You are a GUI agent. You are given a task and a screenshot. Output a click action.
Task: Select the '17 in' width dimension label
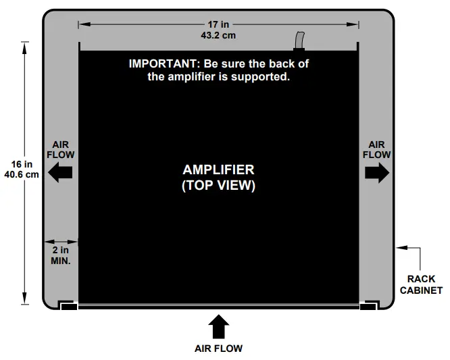click(x=218, y=24)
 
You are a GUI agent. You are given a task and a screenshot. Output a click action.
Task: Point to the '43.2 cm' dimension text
click(x=218, y=35)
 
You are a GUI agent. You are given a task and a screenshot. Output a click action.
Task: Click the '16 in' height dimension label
click(x=22, y=164)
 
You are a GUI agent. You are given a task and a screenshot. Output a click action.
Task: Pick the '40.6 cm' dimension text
click(x=22, y=174)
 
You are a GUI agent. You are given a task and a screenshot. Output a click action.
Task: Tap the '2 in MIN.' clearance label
click(x=61, y=255)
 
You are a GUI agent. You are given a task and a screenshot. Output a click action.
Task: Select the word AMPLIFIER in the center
click(x=218, y=170)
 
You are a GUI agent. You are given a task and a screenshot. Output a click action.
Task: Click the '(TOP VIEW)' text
click(x=218, y=186)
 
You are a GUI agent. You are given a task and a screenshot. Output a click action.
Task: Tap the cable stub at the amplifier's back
click(x=299, y=41)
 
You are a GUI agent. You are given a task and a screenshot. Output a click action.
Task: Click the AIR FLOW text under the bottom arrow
click(x=218, y=349)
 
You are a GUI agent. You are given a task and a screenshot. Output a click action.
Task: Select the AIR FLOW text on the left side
click(x=61, y=149)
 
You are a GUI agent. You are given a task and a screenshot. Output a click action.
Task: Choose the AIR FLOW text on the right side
click(x=377, y=149)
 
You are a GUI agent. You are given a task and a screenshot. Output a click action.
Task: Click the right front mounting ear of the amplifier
click(x=368, y=306)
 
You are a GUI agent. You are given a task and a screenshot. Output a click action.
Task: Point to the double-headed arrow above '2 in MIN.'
click(x=61, y=241)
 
